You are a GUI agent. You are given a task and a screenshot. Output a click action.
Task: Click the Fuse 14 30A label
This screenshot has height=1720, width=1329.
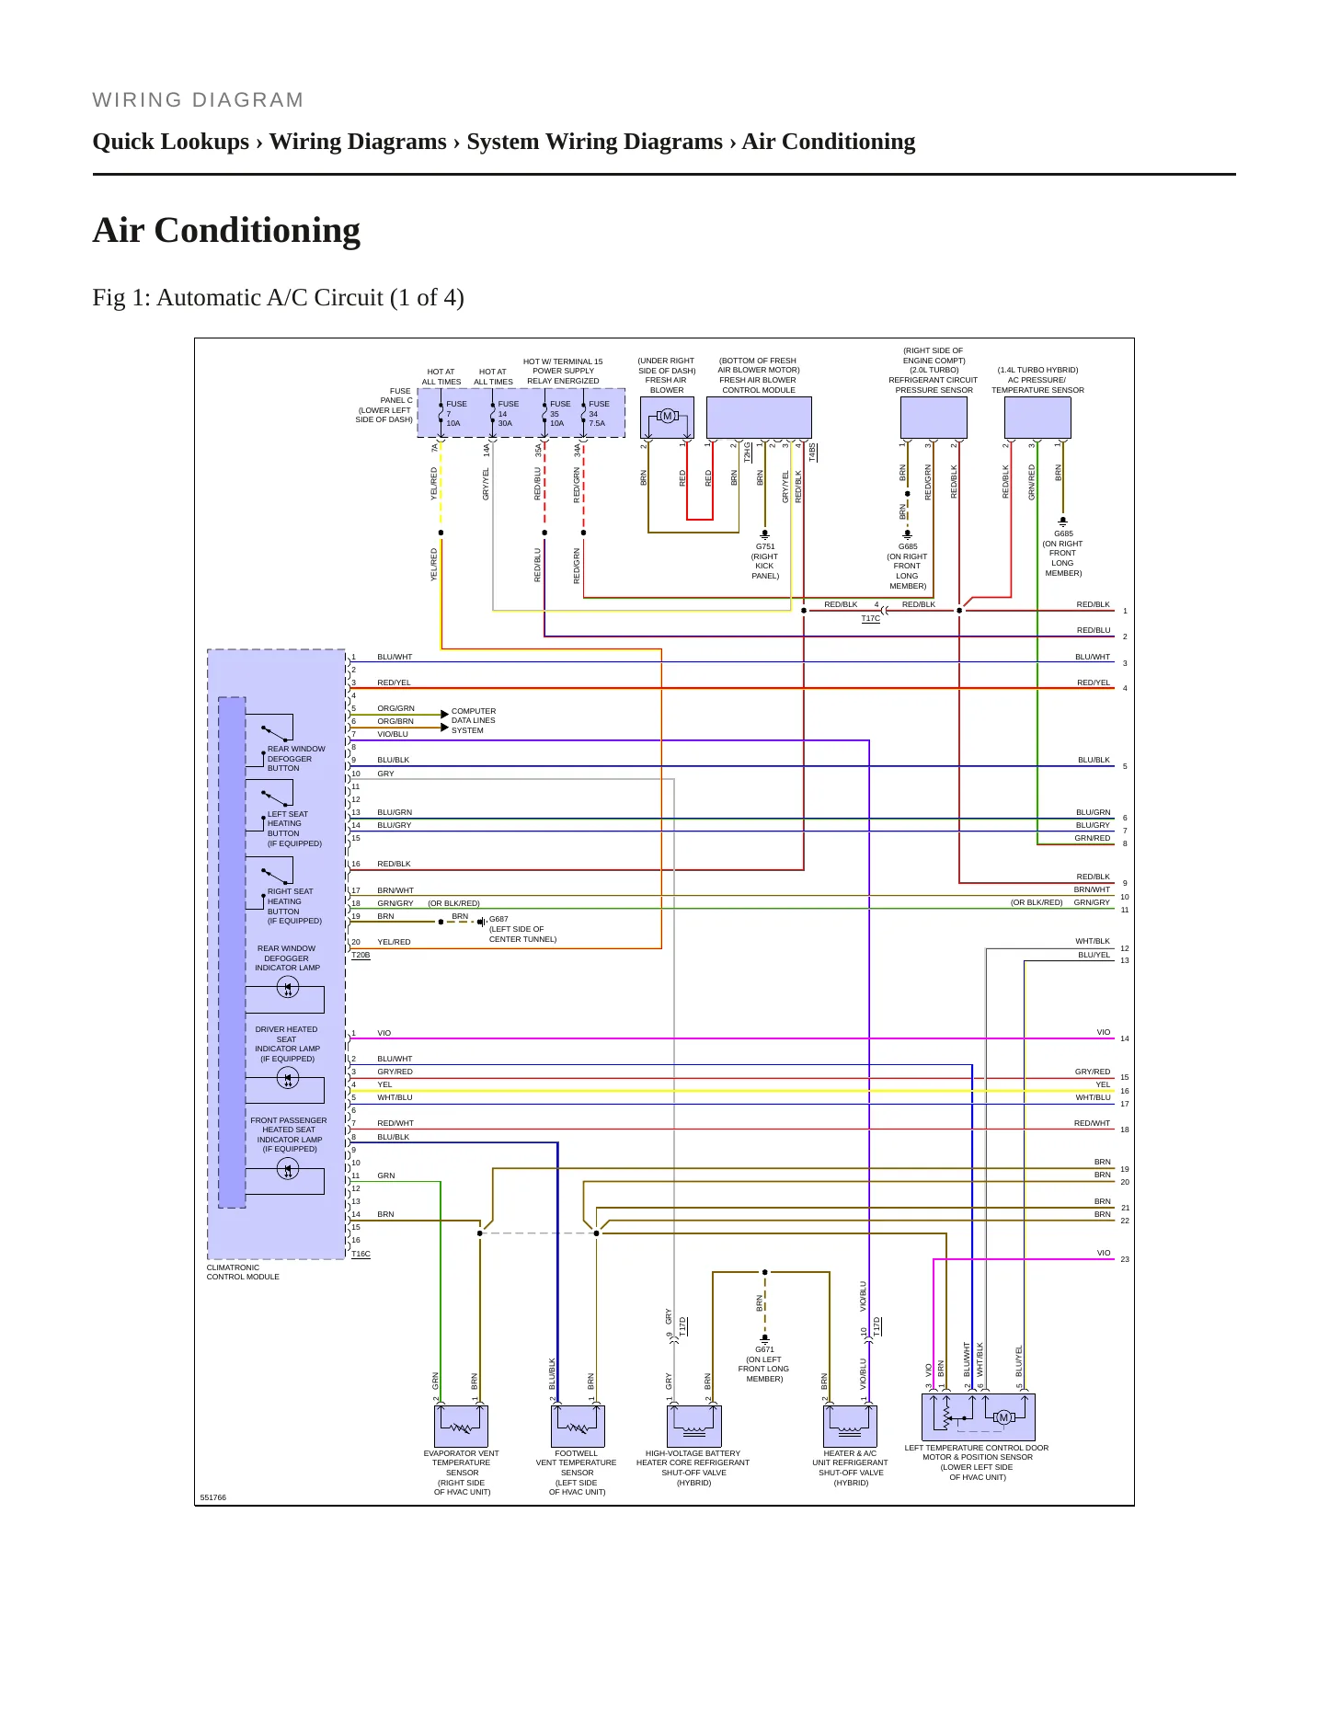click(x=508, y=414)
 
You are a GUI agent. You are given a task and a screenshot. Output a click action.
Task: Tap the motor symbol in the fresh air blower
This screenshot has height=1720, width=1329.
click(x=668, y=417)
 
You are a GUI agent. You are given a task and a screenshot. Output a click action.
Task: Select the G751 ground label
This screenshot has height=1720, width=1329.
click(x=765, y=546)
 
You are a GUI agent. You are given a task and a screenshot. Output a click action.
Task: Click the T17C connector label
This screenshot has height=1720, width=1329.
click(x=870, y=619)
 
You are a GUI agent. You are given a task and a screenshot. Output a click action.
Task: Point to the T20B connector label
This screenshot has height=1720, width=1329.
click(x=361, y=956)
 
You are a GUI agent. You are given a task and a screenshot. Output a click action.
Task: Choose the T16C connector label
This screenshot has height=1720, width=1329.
click(x=361, y=1254)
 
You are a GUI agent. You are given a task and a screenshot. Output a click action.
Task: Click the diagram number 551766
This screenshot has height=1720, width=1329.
click(x=212, y=1497)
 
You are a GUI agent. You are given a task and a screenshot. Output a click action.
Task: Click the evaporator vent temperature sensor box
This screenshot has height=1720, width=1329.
click(x=461, y=1426)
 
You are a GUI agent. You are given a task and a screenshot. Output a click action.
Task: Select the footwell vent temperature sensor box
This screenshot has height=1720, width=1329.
click(x=578, y=1426)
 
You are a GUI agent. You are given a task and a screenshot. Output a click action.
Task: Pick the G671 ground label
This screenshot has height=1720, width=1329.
click(x=764, y=1350)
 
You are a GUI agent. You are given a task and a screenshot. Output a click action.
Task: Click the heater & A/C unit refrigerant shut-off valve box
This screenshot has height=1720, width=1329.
click(x=850, y=1426)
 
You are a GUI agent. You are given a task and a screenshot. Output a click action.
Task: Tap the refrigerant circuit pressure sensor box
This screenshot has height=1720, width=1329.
click(x=934, y=418)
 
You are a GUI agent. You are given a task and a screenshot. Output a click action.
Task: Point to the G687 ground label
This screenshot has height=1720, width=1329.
click(x=498, y=919)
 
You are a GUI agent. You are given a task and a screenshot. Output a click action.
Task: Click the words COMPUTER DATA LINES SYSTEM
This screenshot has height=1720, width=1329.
click(x=474, y=721)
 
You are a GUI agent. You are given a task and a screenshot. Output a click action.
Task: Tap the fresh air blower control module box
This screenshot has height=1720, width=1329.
click(x=759, y=418)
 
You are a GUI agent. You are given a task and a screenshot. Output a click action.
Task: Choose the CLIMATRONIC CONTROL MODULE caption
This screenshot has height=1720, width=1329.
click(x=243, y=1272)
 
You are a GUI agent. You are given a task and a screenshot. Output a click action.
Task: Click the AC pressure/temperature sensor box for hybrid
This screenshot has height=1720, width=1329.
click(x=1037, y=418)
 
